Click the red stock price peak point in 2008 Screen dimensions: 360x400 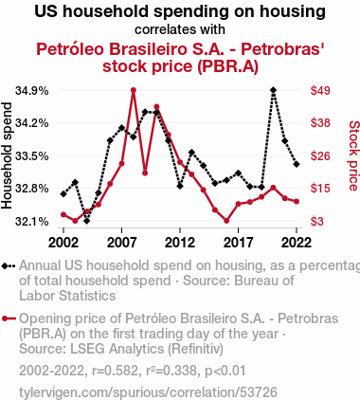(134, 90)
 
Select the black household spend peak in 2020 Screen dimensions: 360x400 (274, 90)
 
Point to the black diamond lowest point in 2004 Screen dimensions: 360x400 (86, 221)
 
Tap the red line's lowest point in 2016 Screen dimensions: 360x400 (226, 221)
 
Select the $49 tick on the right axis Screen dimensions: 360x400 (320, 91)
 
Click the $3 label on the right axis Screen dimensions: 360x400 (317, 222)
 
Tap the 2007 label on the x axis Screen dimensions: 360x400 (121, 243)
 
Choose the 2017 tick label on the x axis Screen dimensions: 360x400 (238, 243)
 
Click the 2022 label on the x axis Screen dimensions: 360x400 (297, 243)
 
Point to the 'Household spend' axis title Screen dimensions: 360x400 (7, 155)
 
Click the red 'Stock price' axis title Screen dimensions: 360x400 (354, 155)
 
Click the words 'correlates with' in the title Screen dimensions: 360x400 (180, 29)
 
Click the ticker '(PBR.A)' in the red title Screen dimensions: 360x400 (228, 66)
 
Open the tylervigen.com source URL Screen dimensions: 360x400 (148, 392)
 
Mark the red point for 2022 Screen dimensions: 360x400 (297, 201)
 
